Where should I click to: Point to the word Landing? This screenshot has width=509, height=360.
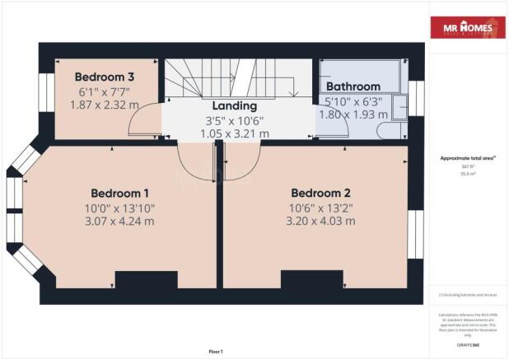pyautogui.click(x=235, y=105)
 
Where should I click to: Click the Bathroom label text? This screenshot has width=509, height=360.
pyautogui.click(x=353, y=86)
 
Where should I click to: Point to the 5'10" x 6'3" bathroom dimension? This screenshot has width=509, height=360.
pyautogui.click(x=354, y=102)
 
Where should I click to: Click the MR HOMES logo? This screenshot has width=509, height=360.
pyautogui.click(x=467, y=28)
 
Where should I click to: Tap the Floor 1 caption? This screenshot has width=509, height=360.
pyautogui.click(x=216, y=352)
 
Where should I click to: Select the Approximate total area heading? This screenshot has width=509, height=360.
pyautogui.click(x=467, y=159)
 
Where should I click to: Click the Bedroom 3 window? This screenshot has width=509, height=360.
pyautogui.click(x=45, y=98)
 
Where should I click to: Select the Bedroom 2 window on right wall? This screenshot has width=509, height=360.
pyautogui.click(x=417, y=234)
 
